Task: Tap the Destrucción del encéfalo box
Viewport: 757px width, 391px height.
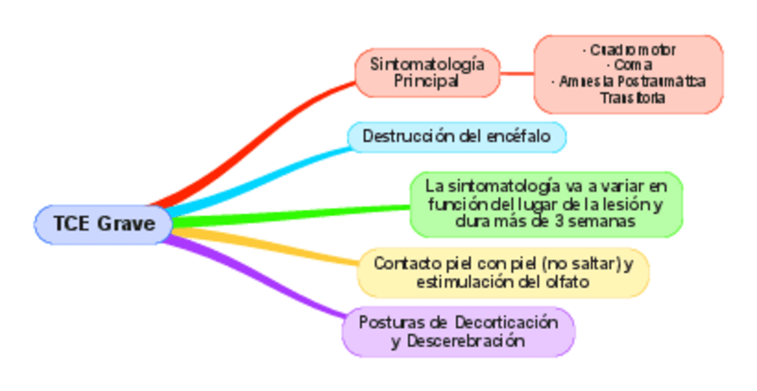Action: pyautogui.click(x=455, y=137)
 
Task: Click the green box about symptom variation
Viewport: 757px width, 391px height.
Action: pyautogui.click(x=545, y=204)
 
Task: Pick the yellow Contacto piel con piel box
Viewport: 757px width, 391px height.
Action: pyautogui.click(x=503, y=272)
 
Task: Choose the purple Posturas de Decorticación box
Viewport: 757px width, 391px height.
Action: pyautogui.click(x=458, y=331)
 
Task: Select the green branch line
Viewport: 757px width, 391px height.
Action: pyautogui.click(x=286, y=212)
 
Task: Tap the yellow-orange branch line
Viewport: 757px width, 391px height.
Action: pyautogui.click(x=268, y=249)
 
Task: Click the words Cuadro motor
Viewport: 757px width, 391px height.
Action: pyautogui.click(x=628, y=50)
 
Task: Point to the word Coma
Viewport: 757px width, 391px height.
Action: pyautogui.click(x=628, y=65)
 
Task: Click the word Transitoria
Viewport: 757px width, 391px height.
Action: pyautogui.click(x=630, y=97)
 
